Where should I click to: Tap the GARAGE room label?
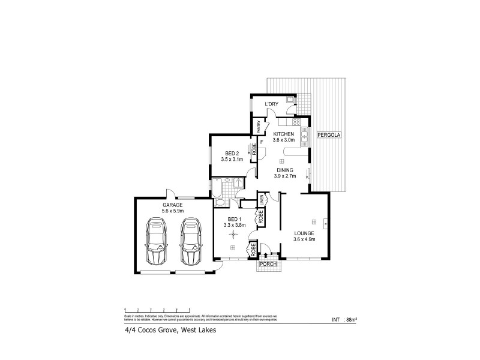(x=172, y=205)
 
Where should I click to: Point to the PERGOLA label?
(x=329, y=134)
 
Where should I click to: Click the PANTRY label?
(x=259, y=127)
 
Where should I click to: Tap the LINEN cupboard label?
(x=262, y=200)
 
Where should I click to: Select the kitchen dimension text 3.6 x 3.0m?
(x=284, y=140)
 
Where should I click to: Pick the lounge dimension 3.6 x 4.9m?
(x=304, y=239)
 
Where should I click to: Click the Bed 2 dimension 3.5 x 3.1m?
(x=231, y=159)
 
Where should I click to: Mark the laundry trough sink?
(x=289, y=99)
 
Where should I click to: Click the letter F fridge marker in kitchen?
(x=262, y=142)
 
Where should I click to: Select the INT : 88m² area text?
(x=344, y=319)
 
